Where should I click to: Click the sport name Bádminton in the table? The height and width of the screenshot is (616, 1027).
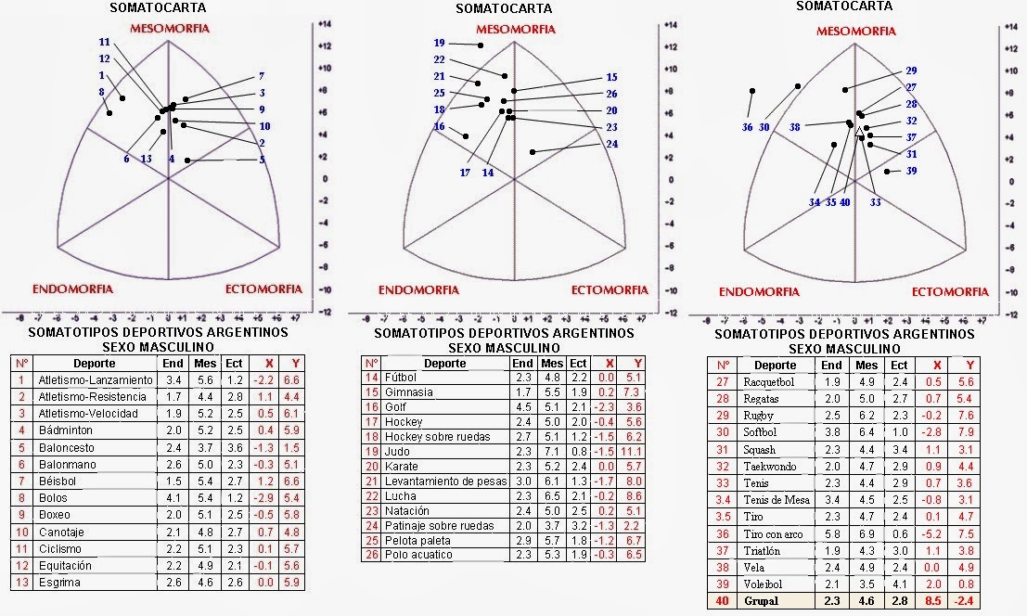click(x=63, y=430)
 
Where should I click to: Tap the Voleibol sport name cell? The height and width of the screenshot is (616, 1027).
click(x=764, y=584)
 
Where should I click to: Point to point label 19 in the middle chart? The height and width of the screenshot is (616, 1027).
click(x=440, y=43)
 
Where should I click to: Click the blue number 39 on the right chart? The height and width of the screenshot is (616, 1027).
click(x=911, y=171)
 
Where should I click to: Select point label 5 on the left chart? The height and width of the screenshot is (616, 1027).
click(x=263, y=160)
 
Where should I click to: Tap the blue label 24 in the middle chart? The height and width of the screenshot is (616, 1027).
click(x=611, y=144)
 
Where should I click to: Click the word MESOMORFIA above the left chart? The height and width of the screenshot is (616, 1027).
click(x=170, y=29)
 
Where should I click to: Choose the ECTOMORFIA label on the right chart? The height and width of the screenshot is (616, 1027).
click(x=950, y=291)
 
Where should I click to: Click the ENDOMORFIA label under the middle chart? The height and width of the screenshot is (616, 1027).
click(x=419, y=290)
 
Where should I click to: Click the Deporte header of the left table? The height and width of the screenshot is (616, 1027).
click(x=95, y=363)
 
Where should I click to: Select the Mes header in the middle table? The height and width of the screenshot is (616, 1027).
click(x=552, y=364)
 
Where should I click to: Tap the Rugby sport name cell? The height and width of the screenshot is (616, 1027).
click(x=759, y=416)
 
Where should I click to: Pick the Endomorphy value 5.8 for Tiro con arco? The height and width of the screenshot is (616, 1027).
click(x=832, y=533)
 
